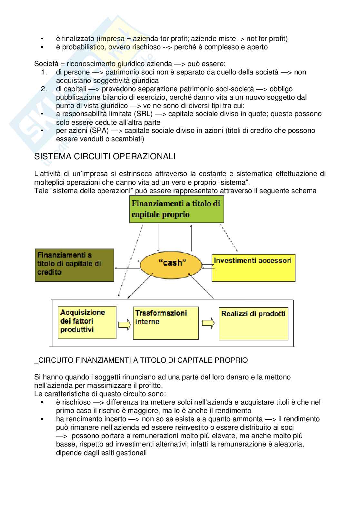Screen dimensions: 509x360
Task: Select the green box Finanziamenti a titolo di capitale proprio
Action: point(176,210)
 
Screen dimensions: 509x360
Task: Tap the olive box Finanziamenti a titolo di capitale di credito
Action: point(74,265)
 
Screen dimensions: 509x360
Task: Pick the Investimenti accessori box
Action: point(253,268)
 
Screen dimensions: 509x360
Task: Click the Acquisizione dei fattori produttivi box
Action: point(87,322)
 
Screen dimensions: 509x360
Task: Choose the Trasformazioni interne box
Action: point(165,323)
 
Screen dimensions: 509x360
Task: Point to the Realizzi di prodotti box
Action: point(253,323)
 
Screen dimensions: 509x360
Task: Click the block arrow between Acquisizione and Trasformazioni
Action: point(125,324)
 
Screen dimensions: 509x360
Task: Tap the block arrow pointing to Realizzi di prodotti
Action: point(208,323)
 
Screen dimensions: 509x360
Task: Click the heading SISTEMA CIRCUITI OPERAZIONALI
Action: point(105,157)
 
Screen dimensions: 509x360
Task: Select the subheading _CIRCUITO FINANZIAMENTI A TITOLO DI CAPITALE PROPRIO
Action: point(141,360)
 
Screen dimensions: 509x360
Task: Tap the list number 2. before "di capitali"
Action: point(45,89)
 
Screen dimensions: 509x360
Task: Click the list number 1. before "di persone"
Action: point(45,72)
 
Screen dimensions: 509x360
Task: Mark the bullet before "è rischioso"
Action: point(42,402)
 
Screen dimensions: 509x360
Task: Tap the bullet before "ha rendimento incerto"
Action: point(42,419)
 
